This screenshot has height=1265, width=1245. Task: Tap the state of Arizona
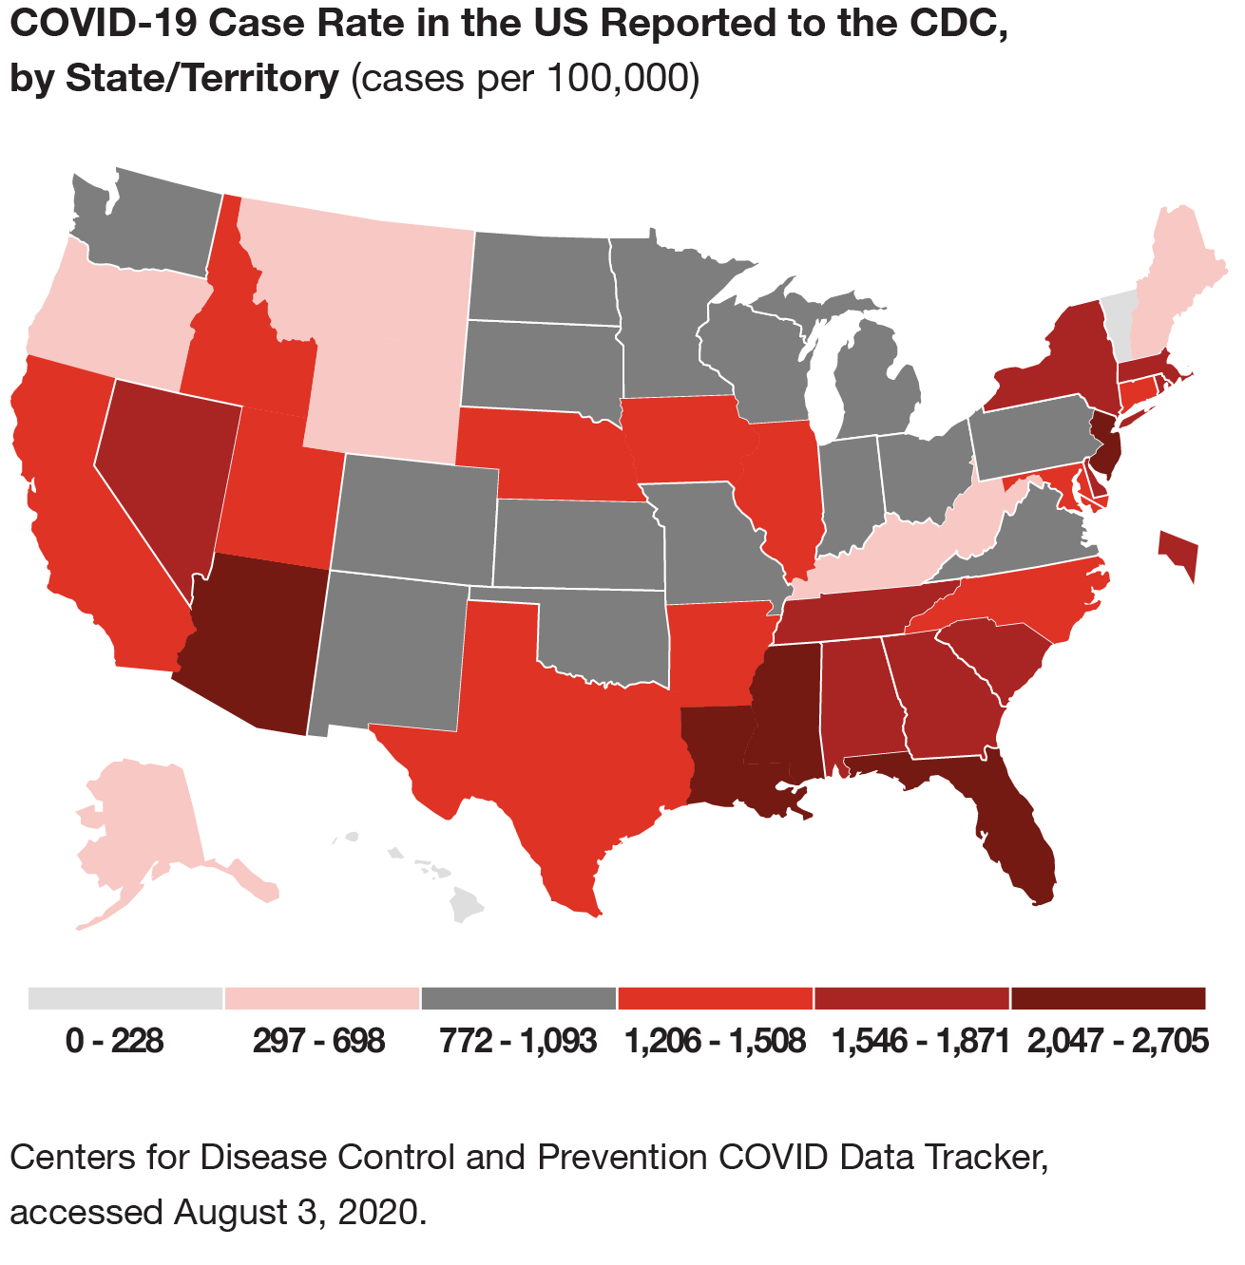coord(252,646)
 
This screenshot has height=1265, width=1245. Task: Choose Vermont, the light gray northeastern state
coord(1120,318)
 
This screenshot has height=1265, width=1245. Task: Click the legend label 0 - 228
coord(115,1042)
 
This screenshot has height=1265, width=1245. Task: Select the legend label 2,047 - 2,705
coord(1117,1042)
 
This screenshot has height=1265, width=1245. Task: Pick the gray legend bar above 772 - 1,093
coord(518,998)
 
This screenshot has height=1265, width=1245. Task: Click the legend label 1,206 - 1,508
coord(715,1042)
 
